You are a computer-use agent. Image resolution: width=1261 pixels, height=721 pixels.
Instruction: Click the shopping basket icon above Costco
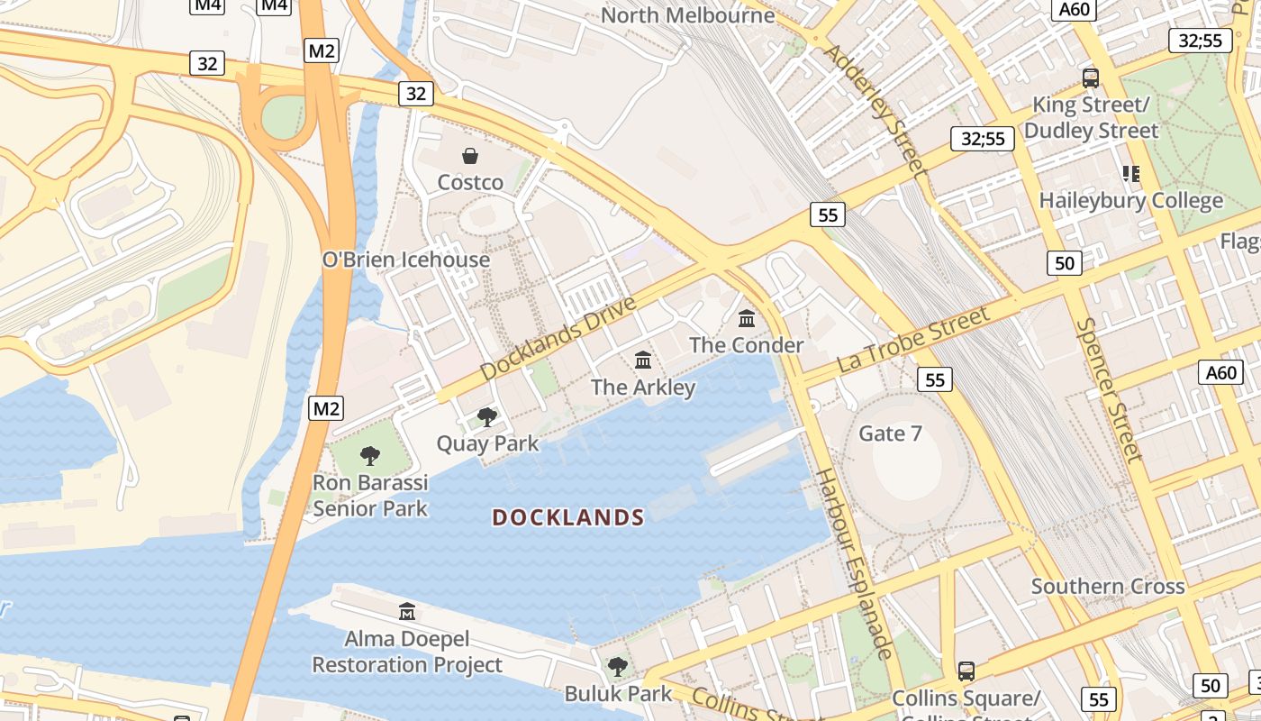pyautogui.click(x=469, y=156)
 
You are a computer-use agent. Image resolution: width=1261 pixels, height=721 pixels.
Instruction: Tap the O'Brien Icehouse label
pyautogui.click(x=406, y=260)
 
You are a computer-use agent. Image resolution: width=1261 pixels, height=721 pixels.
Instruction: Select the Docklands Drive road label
pyautogui.click(x=558, y=337)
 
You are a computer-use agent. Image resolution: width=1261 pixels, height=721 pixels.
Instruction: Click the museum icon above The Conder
pyautogui.click(x=747, y=318)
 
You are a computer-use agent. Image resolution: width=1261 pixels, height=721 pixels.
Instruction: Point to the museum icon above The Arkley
pyautogui.click(x=643, y=360)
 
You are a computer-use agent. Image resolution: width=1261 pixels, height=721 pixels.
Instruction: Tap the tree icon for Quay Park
pyautogui.click(x=487, y=416)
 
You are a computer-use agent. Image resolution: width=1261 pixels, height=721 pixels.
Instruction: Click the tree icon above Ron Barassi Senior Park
pyautogui.click(x=369, y=455)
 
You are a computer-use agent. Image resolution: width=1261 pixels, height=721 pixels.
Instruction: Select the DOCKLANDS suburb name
pyautogui.click(x=568, y=517)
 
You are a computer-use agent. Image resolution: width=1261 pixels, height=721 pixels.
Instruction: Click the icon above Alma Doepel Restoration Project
pyautogui.click(x=407, y=612)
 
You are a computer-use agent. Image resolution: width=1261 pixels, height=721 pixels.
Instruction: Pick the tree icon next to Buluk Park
pyautogui.click(x=617, y=667)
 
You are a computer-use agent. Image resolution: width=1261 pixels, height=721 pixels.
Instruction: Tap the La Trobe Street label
pyautogui.click(x=913, y=340)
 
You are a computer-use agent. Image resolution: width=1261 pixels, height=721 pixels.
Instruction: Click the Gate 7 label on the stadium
pyautogui.click(x=890, y=434)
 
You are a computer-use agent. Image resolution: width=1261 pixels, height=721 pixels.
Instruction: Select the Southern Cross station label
pyautogui.click(x=1108, y=587)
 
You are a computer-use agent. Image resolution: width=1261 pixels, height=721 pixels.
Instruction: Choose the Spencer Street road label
pyautogui.click(x=1109, y=389)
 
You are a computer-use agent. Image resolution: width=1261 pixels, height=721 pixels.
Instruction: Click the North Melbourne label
pyautogui.click(x=687, y=15)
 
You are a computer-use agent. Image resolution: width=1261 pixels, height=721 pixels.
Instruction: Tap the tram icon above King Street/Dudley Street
pyautogui.click(x=1090, y=78)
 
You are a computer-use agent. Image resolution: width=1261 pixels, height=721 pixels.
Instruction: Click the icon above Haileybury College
pyautogui.click(x=1130, y=173)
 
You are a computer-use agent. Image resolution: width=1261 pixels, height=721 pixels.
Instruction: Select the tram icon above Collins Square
pyautogui.click(x=966, y=671)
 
